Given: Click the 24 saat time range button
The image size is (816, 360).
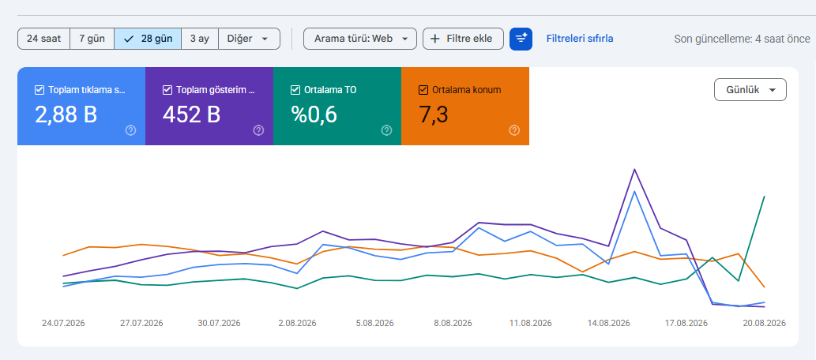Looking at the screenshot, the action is [x=43, y=39].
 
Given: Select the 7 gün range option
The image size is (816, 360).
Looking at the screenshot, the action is [x=92, y=39].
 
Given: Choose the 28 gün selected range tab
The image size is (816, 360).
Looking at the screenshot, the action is [x=148, y=39].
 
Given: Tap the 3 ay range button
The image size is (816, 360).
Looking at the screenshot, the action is [x=200, y=39].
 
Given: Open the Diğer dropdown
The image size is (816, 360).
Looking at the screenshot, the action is [x=250, y=39].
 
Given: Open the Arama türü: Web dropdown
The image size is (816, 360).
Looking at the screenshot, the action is [x=360, y=39].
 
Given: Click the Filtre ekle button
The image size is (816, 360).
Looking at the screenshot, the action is [x=463, y=39].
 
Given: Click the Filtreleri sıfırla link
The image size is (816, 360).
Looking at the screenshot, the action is [x=580, y=39].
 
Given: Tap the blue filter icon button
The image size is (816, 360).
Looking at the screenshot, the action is [x=521, y=39].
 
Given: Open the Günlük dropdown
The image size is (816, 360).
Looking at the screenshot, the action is [x=750, y=90].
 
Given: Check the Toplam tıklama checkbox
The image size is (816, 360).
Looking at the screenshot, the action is [x=39, y=90].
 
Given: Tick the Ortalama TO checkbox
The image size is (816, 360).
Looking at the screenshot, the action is [x=295, y=90].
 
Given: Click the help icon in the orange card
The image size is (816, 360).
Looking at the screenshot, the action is [x=514, y=130].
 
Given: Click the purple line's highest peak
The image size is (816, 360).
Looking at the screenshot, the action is [x=634, y=169].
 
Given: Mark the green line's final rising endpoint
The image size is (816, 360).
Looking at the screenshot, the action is [x=764, y=196].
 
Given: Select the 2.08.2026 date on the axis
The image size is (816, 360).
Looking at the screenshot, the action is [x=297, y=323].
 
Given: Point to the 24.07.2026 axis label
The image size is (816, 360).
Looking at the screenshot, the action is [x=63, y=323].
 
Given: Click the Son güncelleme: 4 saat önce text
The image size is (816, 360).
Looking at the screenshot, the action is [x=742, y=39].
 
